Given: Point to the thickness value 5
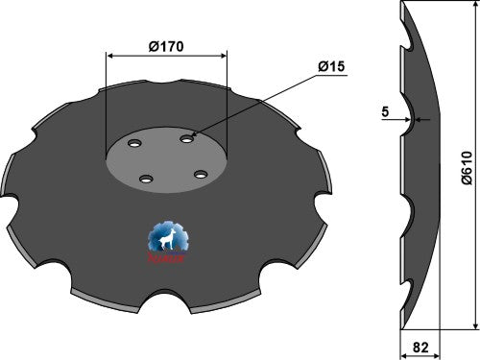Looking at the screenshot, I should point(385,111).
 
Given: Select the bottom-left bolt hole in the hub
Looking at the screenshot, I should point(144,179).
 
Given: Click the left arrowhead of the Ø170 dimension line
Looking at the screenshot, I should point(110,56).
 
